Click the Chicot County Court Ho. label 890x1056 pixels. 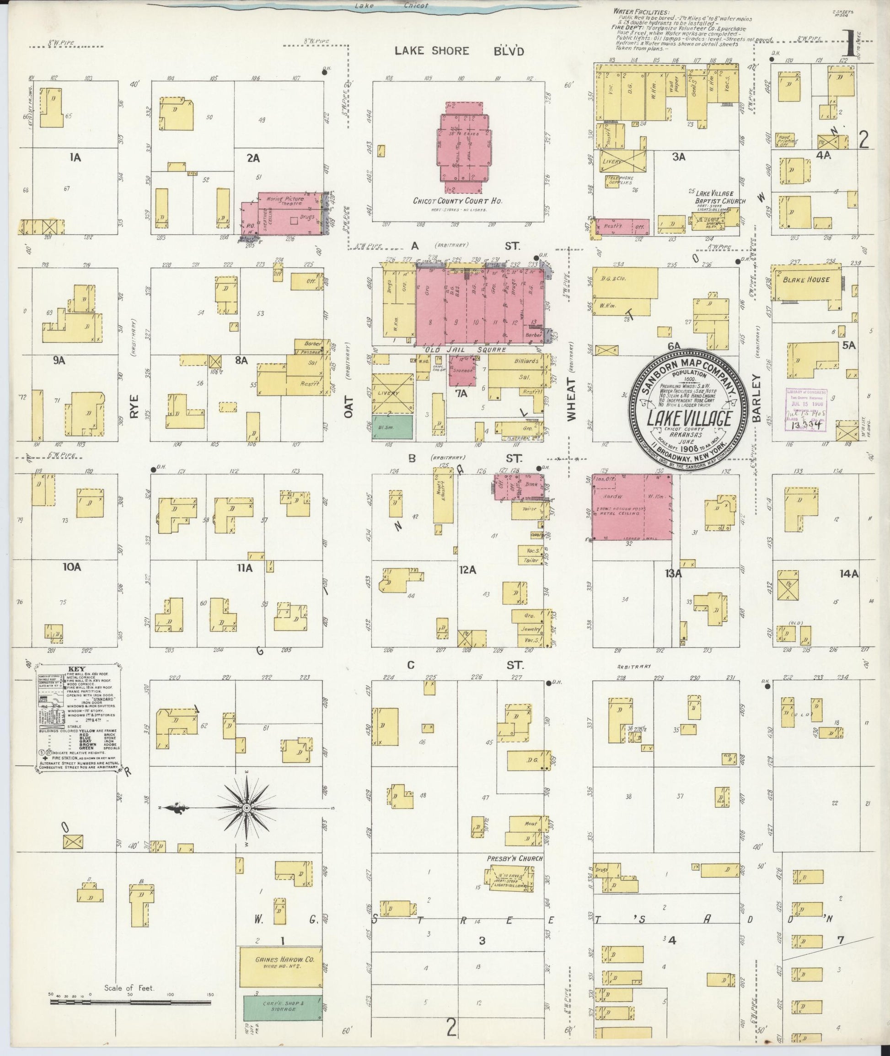(x=458, y=201)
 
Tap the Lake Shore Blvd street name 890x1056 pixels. (x=459, y=51)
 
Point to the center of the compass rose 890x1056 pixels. (x=247, y=808)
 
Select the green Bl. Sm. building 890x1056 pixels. (x=392, y=426)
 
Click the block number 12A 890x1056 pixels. (x=468, y=570)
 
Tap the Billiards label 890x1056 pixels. (x=526, y=361)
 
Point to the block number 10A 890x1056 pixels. (x=72, y=567)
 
